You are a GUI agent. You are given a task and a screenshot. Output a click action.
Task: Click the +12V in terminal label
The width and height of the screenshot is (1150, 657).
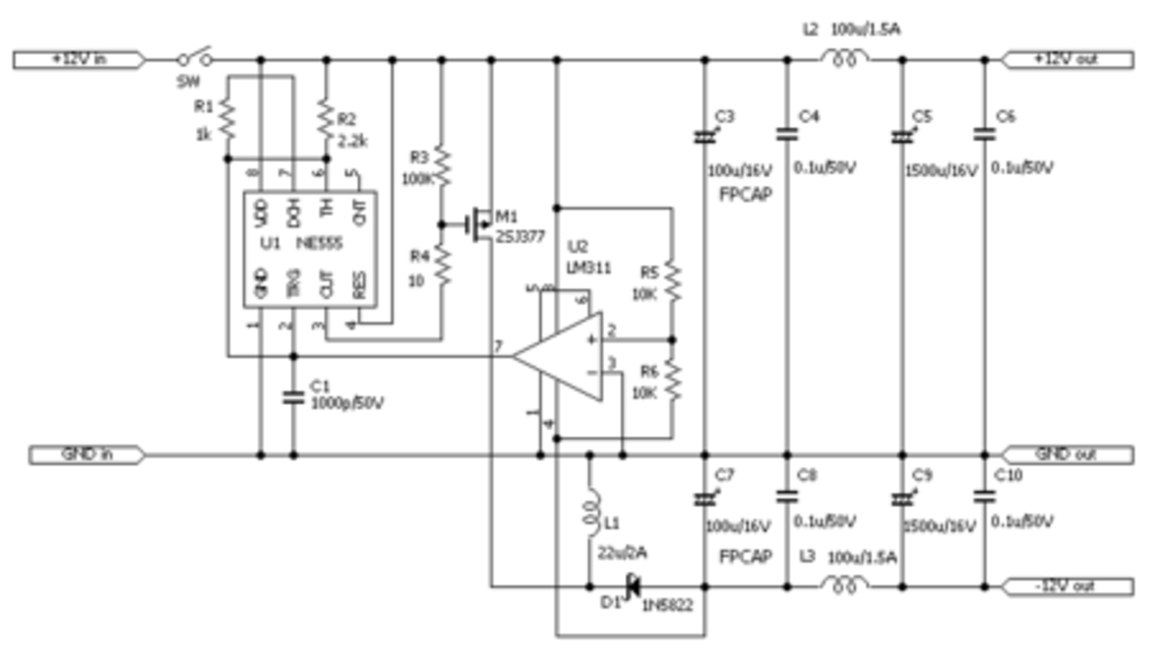click(77, 59)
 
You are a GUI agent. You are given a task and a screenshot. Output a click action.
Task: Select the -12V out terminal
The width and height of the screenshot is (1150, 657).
click(1067, 586)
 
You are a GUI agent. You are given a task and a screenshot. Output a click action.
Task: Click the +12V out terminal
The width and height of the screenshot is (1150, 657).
click(1067, 59)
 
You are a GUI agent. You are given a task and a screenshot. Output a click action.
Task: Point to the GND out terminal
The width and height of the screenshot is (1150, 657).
click(1067, 455)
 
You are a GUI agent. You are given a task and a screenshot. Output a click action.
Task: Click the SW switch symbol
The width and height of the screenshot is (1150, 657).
click(195, 58)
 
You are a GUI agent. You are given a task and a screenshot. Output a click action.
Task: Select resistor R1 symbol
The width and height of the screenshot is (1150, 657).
click(227, 118)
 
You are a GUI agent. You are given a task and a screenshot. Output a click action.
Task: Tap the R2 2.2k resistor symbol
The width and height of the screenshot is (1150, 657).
click(326, 118)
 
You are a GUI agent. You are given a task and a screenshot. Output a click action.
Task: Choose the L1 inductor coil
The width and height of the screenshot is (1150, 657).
click(590, 512)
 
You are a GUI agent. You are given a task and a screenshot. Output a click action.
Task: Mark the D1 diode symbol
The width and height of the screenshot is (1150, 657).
click(632, 586)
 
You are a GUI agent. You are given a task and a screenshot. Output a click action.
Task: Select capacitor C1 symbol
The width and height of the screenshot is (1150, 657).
click(293, 397)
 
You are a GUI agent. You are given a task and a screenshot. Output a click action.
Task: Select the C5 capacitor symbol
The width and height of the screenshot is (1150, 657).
click(901, 136)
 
